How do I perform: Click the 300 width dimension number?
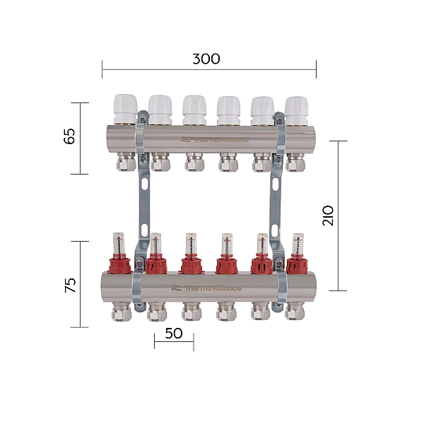point(206,59)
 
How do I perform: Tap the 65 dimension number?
point(69,137)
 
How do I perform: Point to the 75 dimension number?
point(69,285)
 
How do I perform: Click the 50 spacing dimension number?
point(173,333)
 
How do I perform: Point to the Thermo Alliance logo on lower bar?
point(206,288)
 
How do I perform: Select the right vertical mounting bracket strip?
point(276,205)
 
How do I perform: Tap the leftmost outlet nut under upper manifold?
point(125,164)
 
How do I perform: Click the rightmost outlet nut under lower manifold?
point(295,311)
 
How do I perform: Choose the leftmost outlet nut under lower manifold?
point(122,311)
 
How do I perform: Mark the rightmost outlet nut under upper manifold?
point(295,164)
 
